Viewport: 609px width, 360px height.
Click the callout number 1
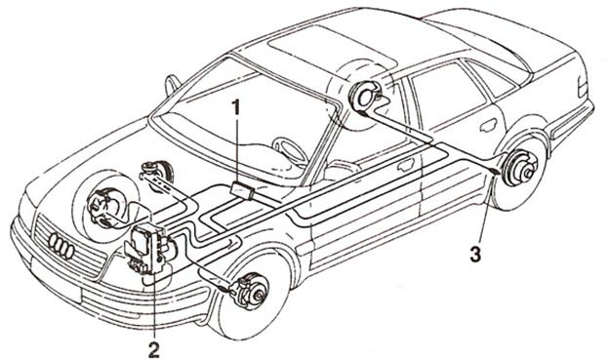(236, 107)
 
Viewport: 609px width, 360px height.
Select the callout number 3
(475, 255)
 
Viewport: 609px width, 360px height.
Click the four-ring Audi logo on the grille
(61, 247)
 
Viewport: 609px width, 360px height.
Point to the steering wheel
(289, 148)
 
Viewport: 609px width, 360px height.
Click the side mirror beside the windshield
(172, 85)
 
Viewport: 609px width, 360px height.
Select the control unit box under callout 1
(242, 190)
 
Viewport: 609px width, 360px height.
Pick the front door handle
(405, 165)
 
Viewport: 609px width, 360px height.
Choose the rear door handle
(489, 125)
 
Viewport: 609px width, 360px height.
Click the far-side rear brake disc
(364, 98)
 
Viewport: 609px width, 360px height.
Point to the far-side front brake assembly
(101, 208)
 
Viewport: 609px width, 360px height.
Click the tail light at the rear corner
(583, 87)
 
